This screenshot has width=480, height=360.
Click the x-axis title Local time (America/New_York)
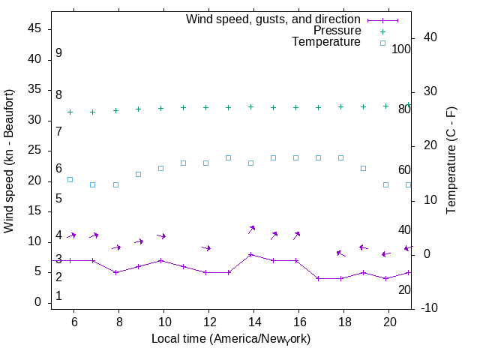pos(231,339)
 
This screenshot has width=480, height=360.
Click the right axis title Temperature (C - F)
pos(452,159)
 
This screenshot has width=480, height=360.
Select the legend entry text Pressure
pos(337,31)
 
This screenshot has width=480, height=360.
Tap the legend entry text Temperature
pos(326,42)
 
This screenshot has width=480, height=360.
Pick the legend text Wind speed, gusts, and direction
pos(274,19)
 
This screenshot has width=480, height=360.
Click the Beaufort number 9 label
pos(58,53)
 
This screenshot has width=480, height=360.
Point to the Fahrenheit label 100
pos(401,49)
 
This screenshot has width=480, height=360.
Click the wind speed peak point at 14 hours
pos(251,254)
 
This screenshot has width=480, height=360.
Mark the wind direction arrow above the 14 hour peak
pos(252,229)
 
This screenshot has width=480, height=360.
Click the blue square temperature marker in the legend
pos(382,43)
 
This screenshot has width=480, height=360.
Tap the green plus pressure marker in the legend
pos(382,31)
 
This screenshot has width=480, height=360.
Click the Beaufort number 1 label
pos(58,296)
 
